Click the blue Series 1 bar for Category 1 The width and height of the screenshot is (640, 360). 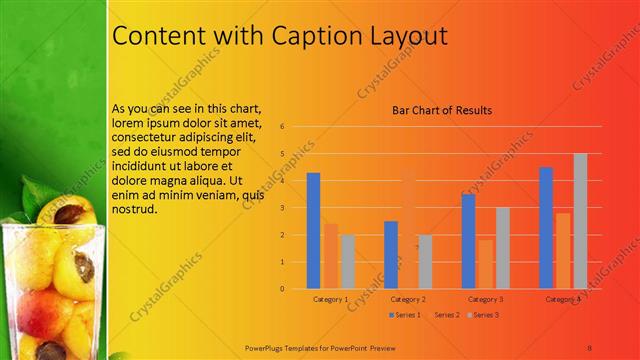click(x=313, y=231)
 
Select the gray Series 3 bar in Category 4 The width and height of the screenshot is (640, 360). click(x=580, y=221)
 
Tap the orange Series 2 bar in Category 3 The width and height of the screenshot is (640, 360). click(x=485, y=264)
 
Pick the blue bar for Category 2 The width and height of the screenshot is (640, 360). click(x=391, y=255)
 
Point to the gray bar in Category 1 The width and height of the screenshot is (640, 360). click(x=347, y=262)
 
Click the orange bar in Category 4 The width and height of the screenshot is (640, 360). click(x=563, y=251)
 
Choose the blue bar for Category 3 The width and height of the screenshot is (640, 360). click(x=468, y=241)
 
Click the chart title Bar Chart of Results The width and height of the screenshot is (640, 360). click(x=441, y=110)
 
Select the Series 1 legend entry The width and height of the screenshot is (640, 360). click(x=404, y=315)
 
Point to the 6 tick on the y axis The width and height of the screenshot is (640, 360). click(x=283, y=127)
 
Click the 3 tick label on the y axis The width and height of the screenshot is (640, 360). click(x=283, y=208)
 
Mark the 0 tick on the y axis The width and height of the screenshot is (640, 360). click(x=283, y=289)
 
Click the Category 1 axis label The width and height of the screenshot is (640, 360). click(x=331, y=299)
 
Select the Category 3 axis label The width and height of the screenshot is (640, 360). click(x=486, y=299)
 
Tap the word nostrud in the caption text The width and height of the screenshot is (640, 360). click(x=135, y=211)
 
